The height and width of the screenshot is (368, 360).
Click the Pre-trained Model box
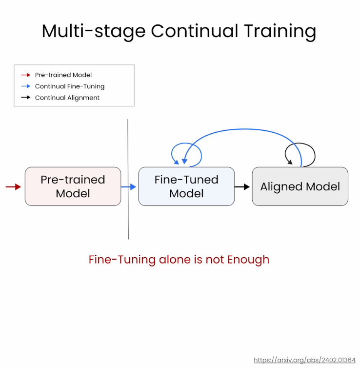[73, 186]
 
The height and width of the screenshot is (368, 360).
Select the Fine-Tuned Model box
[186, 186]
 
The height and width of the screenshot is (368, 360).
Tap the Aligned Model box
[300, 186]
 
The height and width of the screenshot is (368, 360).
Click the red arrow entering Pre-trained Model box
[13, 187]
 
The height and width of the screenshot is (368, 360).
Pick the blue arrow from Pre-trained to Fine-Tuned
[128, 187]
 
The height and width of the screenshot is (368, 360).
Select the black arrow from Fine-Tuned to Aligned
[242, 187]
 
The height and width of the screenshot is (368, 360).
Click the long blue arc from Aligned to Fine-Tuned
[244, 129]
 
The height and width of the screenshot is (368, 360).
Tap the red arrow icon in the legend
[26, 75]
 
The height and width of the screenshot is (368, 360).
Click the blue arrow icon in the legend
[26, 86]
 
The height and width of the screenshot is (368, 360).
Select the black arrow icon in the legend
[26, 98]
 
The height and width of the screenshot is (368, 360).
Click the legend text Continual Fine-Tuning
[70, 86]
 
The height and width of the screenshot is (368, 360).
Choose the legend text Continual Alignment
[67, 98]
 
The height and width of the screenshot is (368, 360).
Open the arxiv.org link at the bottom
[304, 360]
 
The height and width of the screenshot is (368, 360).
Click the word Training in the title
[280, 31]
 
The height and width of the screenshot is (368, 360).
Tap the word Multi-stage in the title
[94, 31]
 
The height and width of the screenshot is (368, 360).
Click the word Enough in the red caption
[248, 260]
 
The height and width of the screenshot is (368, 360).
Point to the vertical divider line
[128, 179]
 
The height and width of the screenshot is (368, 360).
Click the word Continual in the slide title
[195, 31]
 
